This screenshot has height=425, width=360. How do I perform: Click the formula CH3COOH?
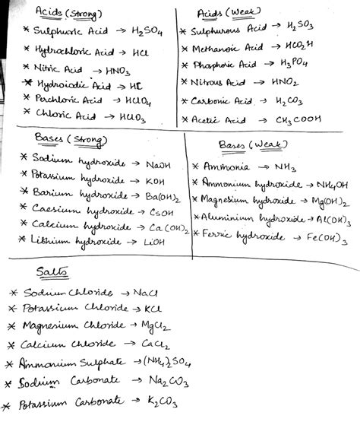[x=308, y=119]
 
